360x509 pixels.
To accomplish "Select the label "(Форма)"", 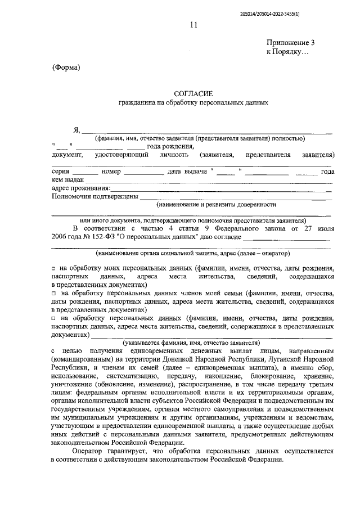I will tap(67, 67).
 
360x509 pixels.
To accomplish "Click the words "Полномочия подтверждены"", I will tap(94, 196).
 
